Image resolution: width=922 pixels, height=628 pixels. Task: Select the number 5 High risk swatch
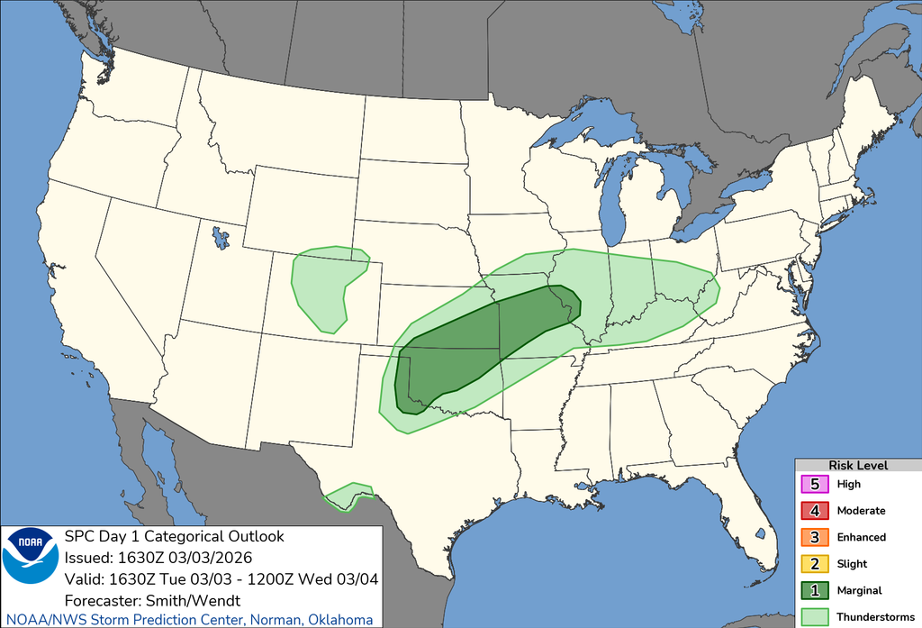pos(814,484)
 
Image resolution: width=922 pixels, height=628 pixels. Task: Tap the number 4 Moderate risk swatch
pos(814,511)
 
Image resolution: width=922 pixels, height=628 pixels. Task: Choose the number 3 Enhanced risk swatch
pos(814,537)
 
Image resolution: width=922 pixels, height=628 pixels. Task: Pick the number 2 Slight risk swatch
pos(814,564)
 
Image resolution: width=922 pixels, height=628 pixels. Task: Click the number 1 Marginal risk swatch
pos(814,590)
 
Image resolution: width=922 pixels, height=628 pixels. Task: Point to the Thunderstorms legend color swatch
pos(814,617)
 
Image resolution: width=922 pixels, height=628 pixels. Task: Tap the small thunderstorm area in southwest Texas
pos(348,495)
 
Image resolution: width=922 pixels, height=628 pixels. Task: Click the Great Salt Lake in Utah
pos(219,239)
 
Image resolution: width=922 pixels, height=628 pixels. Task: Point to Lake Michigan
pos(615,203)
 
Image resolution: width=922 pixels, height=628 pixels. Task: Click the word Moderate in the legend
pos(861,511)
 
